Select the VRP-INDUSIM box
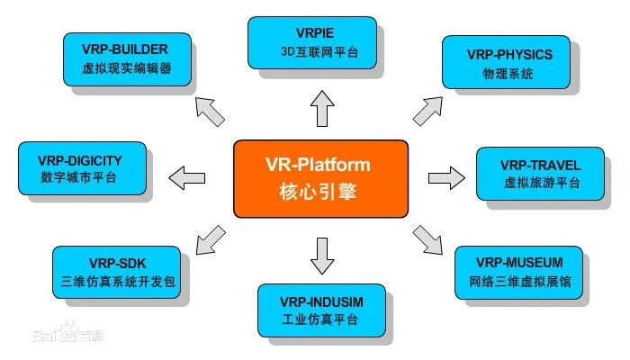[322, 309]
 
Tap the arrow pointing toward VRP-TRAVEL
[445, 175]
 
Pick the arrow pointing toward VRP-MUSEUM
[431, 239]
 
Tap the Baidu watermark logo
[54, 337]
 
